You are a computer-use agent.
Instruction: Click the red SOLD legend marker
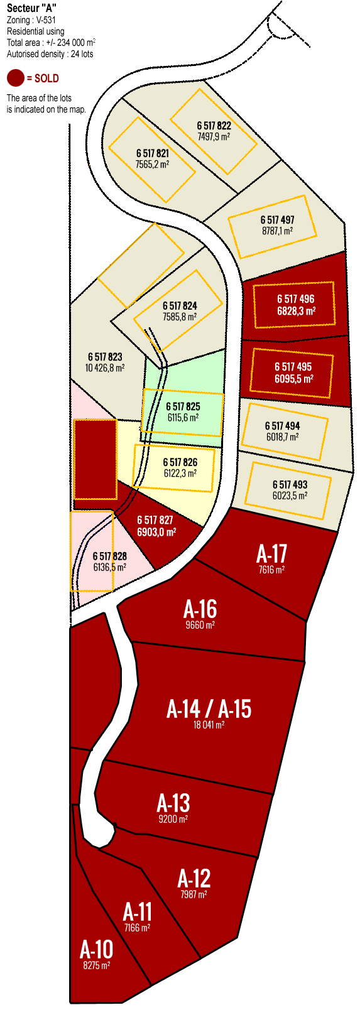pos(16,78)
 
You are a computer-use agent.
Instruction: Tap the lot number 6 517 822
pos(214,126)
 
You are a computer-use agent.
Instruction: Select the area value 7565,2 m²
pos(152,164)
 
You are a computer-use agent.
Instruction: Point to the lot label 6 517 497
pos(277,220)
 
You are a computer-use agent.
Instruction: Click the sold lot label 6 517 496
pos(295,299)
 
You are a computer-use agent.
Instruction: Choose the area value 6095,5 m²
pos(293,379)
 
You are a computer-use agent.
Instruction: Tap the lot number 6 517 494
pos(282,426)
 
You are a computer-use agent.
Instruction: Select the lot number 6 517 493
pos(290,484)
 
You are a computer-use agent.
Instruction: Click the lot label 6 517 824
pos(180,306)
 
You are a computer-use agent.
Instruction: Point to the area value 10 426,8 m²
pos(105,368)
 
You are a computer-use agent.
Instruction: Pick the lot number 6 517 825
pos(183,406)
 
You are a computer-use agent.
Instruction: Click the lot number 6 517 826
pos(180,462)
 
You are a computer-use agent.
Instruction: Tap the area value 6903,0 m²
pos(156,531)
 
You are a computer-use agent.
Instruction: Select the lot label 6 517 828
pos(110,556)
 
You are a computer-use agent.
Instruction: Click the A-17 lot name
pos(271,554)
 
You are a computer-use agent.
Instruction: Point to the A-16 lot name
pos(200,609)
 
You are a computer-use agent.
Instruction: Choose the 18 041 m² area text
pos(209,724)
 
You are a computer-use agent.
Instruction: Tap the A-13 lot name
pos(173,803)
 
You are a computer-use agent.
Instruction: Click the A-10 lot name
pos(96,949)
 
